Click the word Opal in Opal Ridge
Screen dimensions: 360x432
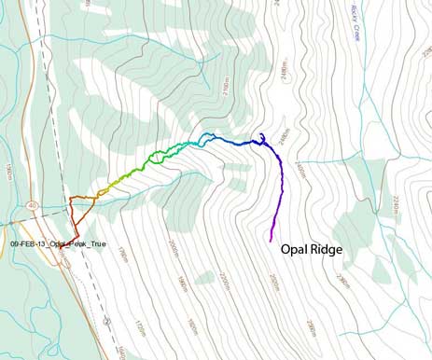click(x=296, y=251)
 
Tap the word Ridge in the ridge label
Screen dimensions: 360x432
click(x=327, y=251)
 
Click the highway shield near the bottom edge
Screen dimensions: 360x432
click(x=108, y=320)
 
